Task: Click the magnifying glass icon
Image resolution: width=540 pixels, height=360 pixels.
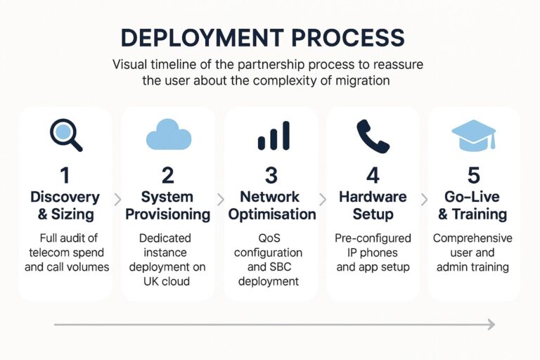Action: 65,135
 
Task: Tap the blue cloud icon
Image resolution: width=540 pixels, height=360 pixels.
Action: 168,134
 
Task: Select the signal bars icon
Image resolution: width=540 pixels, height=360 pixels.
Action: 272,135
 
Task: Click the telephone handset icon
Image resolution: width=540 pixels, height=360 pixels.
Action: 373,135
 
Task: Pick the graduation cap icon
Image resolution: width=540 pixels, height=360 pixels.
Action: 473,134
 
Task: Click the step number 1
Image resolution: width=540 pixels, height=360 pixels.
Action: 65,175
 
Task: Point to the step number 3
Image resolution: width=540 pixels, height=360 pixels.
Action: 271,175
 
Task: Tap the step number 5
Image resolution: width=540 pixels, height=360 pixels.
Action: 472,175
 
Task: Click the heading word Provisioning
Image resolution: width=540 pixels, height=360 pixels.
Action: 168,214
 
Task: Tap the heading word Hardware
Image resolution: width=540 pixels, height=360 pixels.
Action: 373,197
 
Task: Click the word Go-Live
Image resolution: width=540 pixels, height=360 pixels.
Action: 472,197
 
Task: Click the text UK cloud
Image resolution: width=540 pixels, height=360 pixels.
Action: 168,282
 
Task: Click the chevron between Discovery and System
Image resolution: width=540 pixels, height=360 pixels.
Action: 117,200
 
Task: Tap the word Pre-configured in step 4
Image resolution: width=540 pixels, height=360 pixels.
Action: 373,238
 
